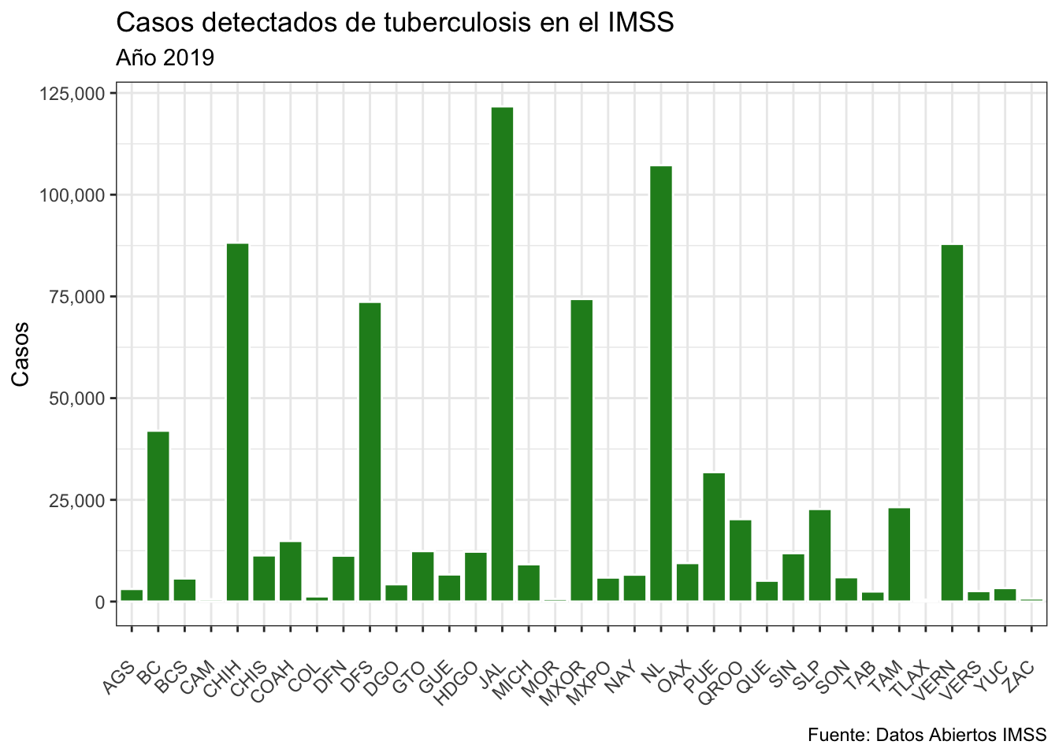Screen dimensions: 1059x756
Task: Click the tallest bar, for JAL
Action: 502,354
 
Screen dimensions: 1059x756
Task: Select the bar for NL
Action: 661,384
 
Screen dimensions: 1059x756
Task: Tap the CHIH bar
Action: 238,422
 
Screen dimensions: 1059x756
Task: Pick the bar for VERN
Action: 952,423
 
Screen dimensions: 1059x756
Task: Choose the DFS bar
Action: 370,452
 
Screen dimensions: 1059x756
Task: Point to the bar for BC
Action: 158,517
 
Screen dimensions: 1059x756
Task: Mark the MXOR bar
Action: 582,450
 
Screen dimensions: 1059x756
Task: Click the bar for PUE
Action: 714,537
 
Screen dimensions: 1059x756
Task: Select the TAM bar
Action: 899,554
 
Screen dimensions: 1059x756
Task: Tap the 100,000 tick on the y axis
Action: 72,195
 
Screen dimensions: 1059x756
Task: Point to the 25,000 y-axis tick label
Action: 76,500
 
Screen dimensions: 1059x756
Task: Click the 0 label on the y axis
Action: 100,602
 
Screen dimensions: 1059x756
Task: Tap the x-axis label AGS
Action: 118,677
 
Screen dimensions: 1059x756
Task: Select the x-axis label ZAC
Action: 1020,676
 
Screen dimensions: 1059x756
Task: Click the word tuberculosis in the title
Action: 457,23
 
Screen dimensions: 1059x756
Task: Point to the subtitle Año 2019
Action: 165,57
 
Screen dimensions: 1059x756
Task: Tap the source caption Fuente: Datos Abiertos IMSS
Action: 927,735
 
